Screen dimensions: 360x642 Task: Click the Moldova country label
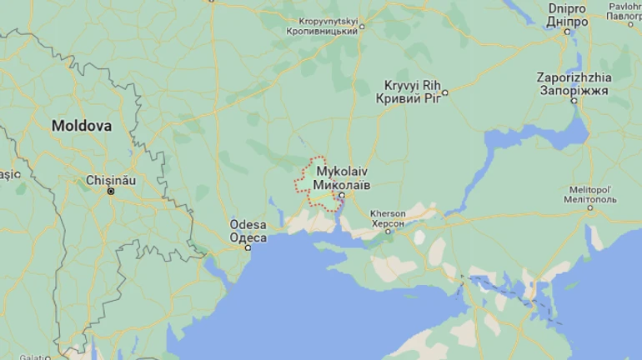click(81, 126)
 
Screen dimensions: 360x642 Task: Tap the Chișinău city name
click(110, 179)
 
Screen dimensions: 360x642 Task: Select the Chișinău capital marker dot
click(110, 191)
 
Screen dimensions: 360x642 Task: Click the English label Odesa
click(248, 226)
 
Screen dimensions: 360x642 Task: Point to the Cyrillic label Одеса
click(248, 237)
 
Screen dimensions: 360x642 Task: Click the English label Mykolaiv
click(342, 170)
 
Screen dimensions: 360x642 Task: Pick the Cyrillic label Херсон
click(387, 223)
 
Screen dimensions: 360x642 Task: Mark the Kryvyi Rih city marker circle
click(445, 92)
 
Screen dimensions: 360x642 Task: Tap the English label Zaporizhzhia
click(574, 77)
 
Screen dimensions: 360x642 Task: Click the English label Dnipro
click(567, 8)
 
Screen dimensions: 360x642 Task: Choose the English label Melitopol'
click(589, 189)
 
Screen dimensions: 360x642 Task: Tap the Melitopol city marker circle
click(590, 208)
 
